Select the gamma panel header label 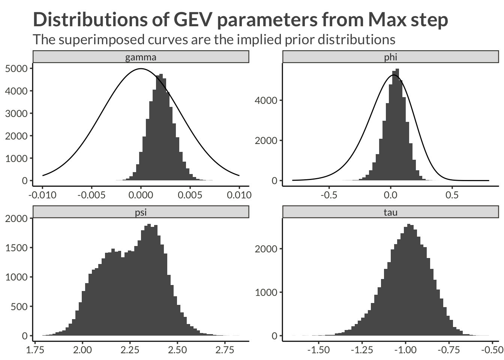(x=141, y=57)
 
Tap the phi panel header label (x=390, y=57)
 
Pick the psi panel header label (x=141, y=212)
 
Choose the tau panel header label (x=390, y=212)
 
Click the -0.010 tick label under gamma (x=42, y=195)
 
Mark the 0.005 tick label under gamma (x=190, y=195)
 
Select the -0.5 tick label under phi (x=329, y=195)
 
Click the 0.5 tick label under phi (x=452, y=195)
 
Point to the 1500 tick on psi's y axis (x=16, y=248)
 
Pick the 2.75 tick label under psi (x=225, y=350)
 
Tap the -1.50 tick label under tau (x=318, y=350)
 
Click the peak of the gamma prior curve (x=141, y=69)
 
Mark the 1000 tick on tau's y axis (x=266, y=292)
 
